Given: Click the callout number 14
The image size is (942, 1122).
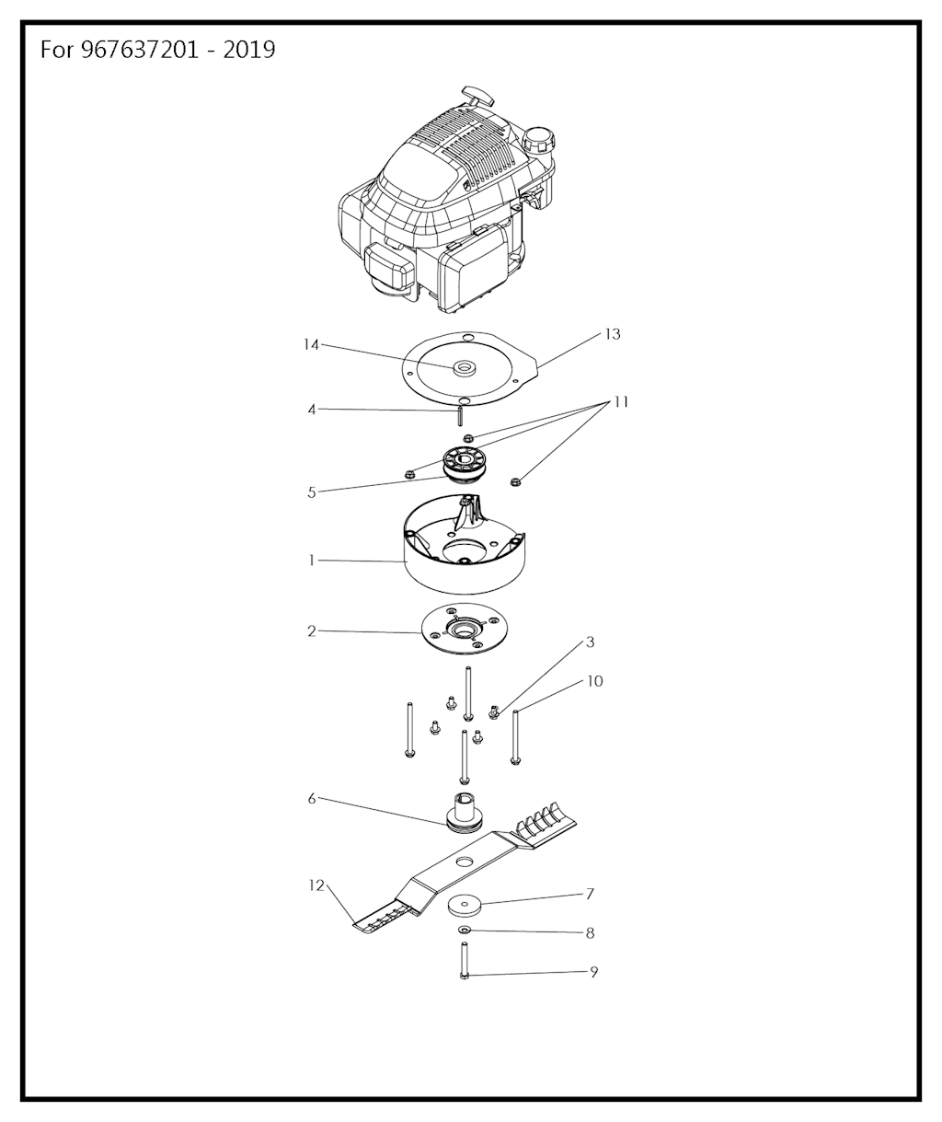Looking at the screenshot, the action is pyautogui.click(x=312, y=344).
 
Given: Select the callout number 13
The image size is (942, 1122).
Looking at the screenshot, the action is pyautogui.click(x=613, y=334).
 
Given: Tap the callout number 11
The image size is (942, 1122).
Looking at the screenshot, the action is pyautogui.click(x=621, y=402).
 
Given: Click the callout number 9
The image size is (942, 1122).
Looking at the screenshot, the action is pyautogui.click(x=594, y=972).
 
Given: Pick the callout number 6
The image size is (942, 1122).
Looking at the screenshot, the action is pyautogui.click(x=312, y=799).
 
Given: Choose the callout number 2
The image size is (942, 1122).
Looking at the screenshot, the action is pyautogui.click(x=312, y=630).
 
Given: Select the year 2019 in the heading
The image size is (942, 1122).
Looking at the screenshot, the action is pyautogui.click(x=248, y=50).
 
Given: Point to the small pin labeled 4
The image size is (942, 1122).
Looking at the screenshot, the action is pyautogui.click(x=460, y=416).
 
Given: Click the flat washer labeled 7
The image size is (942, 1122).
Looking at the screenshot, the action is pyautogui.click(x=465, y=906).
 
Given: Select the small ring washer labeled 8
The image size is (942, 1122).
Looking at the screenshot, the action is pyautogui.click(x=465, y=930).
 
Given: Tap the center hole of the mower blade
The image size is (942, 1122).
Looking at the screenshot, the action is pyautogui.click(x=462, y=861).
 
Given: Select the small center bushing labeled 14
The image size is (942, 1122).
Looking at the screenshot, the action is pyautogui.click(x=464, y=368).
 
